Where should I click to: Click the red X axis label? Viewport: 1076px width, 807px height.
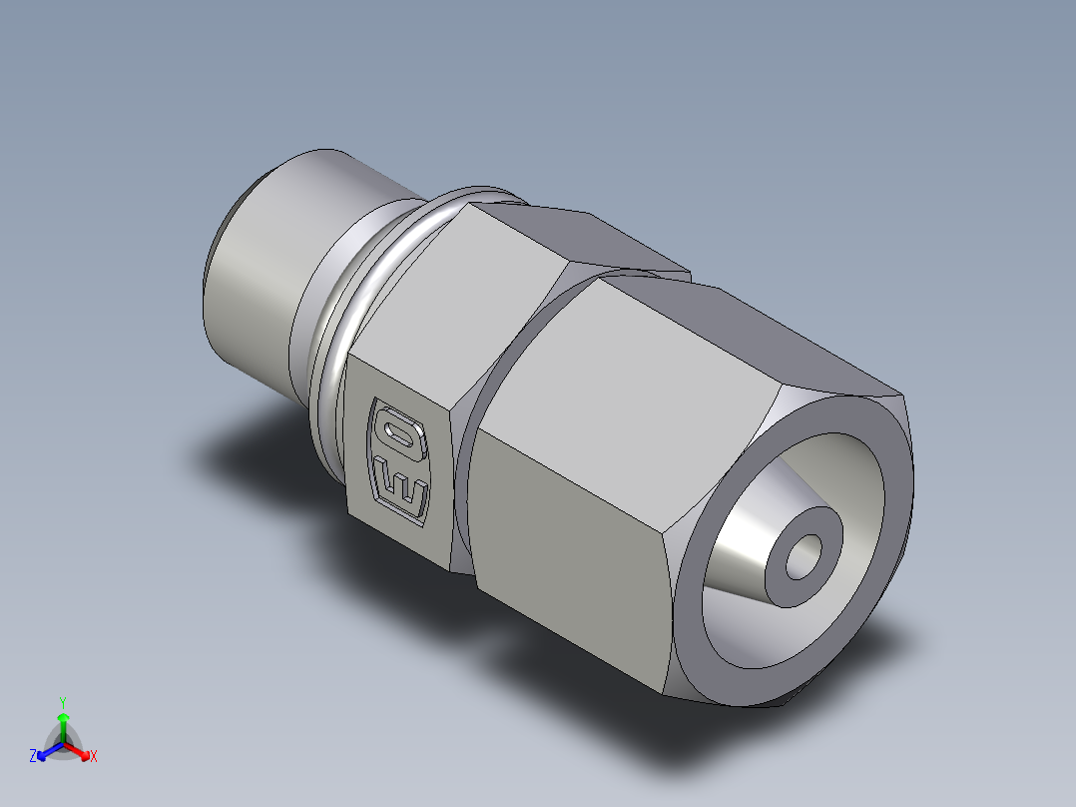point(94,757)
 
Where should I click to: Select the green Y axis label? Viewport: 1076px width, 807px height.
point(62,702)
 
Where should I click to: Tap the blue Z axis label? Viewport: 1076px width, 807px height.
point(33,756)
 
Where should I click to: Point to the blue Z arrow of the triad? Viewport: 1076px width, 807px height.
point(47,750)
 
